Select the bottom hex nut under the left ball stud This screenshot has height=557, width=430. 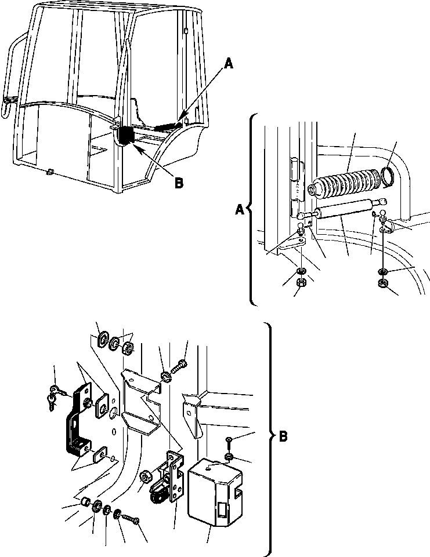pos(301,283)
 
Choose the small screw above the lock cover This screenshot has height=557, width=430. pos(230,442)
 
